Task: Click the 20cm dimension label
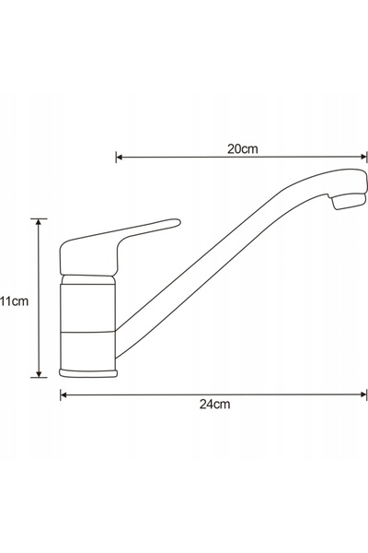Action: [242, 148]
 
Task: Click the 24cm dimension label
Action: [214, 404]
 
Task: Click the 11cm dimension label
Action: [14, 301]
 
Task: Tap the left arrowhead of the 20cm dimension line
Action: [119, 157]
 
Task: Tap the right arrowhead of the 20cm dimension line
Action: [363, 157]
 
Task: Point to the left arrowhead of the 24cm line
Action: [63, 394]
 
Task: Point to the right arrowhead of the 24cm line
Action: [363, 394]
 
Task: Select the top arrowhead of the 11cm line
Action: [39, 222]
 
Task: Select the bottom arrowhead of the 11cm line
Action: [39, 374]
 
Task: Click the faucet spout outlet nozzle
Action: [348, 201]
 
